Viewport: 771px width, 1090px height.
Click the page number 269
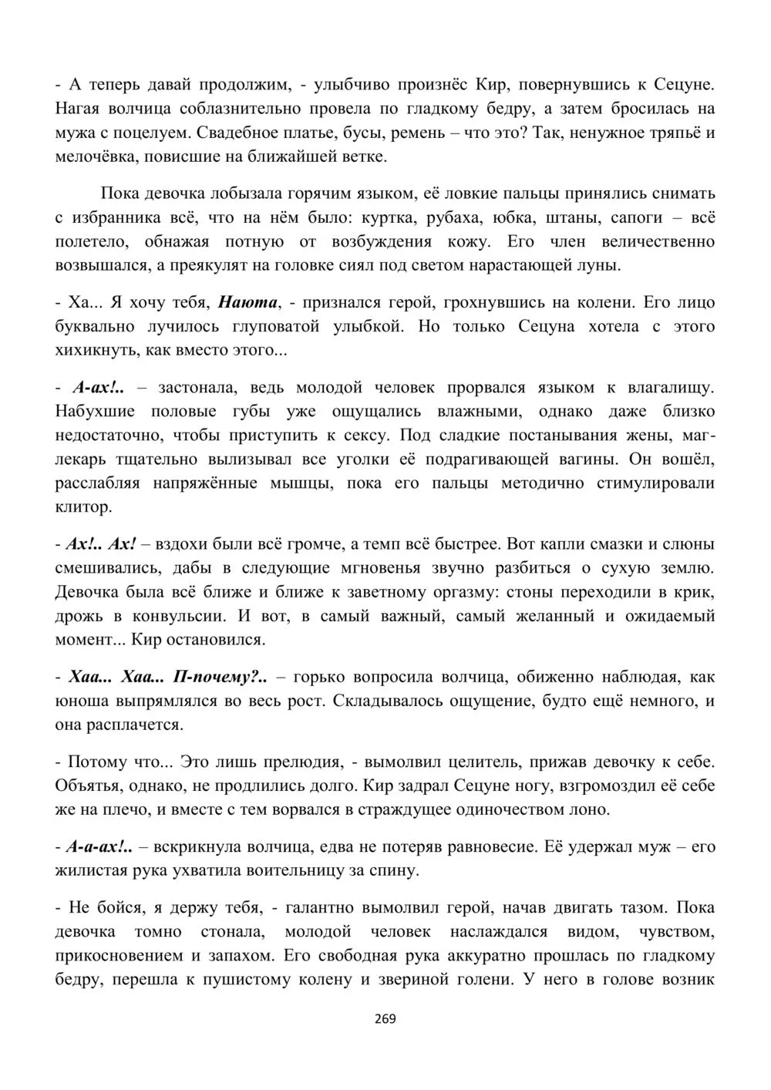(x=385, y=1019)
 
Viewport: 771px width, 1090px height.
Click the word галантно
(x=322, y=907)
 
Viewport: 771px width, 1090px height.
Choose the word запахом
(x=240, y=956)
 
